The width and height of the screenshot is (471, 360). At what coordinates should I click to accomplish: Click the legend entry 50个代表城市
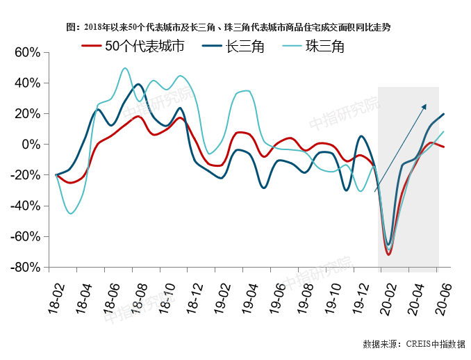[x=133, y=46]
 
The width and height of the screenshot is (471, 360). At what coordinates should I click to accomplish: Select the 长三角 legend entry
[x=233, y=47]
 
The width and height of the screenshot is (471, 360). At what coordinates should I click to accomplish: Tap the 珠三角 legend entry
[x=313, y=47]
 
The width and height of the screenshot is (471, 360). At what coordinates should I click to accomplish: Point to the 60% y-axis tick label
[x=27, y=53]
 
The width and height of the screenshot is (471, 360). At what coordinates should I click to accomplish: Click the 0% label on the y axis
[x=31, y=145]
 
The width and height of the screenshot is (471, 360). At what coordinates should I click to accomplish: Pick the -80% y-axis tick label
[x=25, y=267]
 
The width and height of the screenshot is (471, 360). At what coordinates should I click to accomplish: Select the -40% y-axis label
[x=25, y=206]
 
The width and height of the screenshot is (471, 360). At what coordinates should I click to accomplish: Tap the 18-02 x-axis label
[x=56, y=298]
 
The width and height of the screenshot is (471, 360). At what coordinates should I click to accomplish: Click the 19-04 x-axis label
[x=250, y=298]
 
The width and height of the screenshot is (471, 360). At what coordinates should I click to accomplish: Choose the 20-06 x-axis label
[x=445, y=300]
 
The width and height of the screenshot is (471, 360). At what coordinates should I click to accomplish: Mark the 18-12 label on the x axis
[x=195, y=298]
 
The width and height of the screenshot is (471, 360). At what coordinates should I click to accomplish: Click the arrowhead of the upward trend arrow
[x=424, y=106]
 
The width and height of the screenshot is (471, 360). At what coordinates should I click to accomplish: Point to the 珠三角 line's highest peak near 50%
[x=125, y=68]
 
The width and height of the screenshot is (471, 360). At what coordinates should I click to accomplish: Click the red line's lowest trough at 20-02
[x=389, y=254]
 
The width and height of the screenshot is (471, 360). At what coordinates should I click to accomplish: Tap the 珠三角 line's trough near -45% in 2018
[x=71, y=213]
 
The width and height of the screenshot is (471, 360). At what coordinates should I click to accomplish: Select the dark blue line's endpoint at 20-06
[x=444, y=114]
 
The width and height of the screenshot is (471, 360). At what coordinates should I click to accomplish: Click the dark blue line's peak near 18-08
[x=138, y=84]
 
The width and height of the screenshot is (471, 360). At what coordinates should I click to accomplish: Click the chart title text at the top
[x=229, y=27]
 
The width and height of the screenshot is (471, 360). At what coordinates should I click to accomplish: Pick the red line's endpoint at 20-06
[x=443, y=147]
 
